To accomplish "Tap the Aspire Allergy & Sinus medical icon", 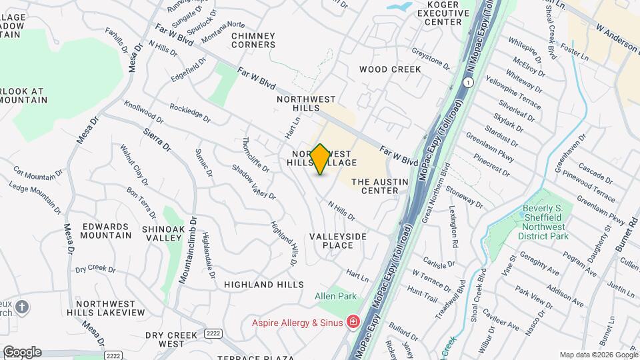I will [353, 323].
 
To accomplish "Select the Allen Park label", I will [337, 296].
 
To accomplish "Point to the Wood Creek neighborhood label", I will [390, 69].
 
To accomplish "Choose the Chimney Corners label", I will [253, 40].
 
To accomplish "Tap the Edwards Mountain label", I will [107, 231].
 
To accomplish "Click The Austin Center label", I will [375, 186].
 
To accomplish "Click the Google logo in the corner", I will [21, 352].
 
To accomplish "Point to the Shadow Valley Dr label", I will [253, 181].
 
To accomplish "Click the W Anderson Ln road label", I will [617, 40].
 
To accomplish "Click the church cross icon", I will [22, 307].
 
